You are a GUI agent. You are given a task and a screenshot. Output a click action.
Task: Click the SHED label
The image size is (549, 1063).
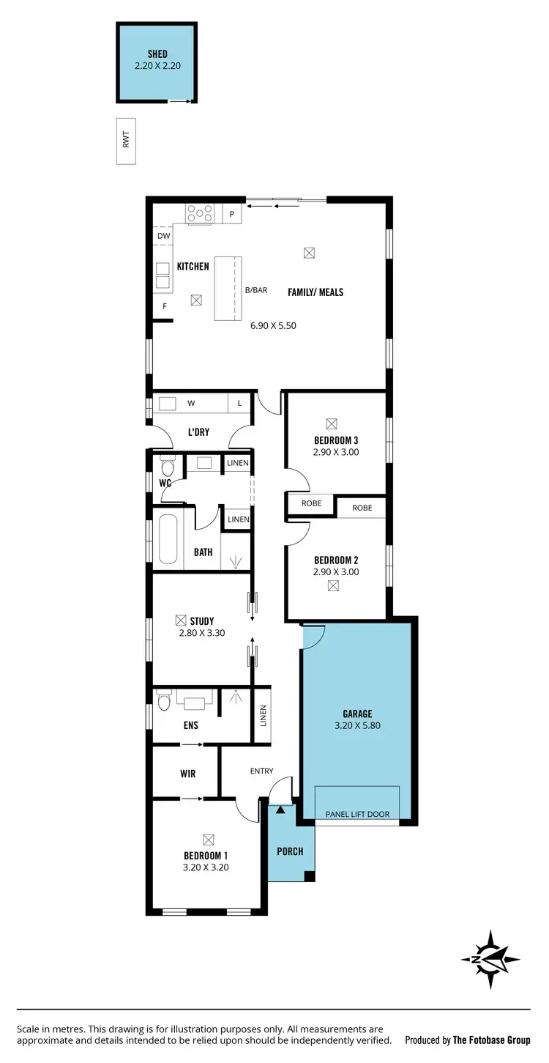coord(157,54)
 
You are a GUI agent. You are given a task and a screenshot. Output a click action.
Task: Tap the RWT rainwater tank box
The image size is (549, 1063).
coord(126,141)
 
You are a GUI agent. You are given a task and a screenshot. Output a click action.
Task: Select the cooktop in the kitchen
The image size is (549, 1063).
coord(200,213)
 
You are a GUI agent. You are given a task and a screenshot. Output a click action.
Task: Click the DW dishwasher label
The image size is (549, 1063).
coord(164,236)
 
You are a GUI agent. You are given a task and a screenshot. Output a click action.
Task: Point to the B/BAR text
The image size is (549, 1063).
coord(256,290)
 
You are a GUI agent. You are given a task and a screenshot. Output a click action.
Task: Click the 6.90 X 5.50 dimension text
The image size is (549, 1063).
coord(273,325)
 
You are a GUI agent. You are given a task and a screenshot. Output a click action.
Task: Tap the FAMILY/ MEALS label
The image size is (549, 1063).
coord(315,292)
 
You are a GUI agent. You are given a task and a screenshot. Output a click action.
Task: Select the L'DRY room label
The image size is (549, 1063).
coord(198,432)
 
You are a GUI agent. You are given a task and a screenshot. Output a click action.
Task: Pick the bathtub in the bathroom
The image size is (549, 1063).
coord(168,540)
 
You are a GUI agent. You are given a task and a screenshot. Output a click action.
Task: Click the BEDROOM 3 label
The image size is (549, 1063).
coord(336,440)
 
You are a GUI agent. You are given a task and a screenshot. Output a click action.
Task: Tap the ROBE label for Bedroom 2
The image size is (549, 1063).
coord(362,508)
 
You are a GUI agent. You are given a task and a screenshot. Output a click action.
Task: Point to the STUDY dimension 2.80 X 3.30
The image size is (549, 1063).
coord(202,633)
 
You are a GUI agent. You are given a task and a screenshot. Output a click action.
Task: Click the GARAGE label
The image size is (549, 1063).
coord(357,714)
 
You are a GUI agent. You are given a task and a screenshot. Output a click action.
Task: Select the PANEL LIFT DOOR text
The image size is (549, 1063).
coord(357,814)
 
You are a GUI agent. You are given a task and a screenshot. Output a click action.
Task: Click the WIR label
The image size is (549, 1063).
coord(187,774)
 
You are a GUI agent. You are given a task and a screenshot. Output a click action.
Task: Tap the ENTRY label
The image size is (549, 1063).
coord(261,771)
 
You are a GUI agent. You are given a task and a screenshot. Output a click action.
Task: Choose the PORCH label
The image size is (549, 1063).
coord(290,851)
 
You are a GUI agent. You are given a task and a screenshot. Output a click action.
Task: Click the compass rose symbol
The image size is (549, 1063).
coord(490,960)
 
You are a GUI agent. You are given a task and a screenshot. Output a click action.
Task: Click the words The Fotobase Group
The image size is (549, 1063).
coord(491,1040)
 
